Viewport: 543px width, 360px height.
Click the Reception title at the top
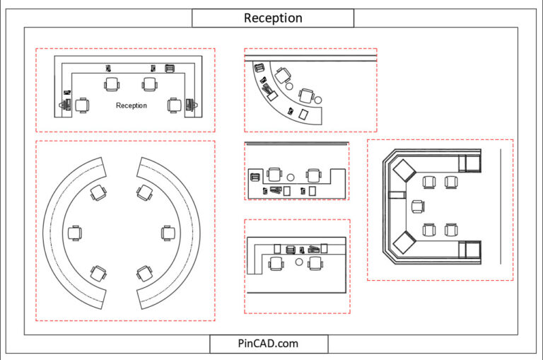click(x=273, y=18)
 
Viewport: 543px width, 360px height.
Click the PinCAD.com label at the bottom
click(x=269, y=344)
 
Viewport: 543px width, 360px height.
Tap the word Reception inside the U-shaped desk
click(x=132, y=105)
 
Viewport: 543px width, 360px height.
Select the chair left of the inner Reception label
click(x=83, y=105)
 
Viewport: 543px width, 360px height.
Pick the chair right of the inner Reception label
click(x=175, y=105)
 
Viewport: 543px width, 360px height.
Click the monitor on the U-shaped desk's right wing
click(x=189, y=105)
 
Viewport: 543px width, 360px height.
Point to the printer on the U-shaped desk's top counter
click(x=170, y=68)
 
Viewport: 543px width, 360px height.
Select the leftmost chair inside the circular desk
click(x=74, y=233)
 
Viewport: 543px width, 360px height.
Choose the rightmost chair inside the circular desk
click(x=168, y=232)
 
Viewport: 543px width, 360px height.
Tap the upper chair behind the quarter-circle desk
click(x=283, y=73)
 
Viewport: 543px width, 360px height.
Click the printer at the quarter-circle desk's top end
click(x=258, y=68)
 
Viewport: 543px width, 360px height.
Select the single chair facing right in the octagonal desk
click(x=418, y=207)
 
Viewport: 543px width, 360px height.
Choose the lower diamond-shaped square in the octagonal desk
click(x=404, y=243)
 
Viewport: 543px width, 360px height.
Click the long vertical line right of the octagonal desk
click(x=501, y=206)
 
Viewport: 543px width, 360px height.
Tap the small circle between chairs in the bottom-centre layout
click(x=299, y=262)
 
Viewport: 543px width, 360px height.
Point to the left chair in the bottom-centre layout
click(x=276, y=263)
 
